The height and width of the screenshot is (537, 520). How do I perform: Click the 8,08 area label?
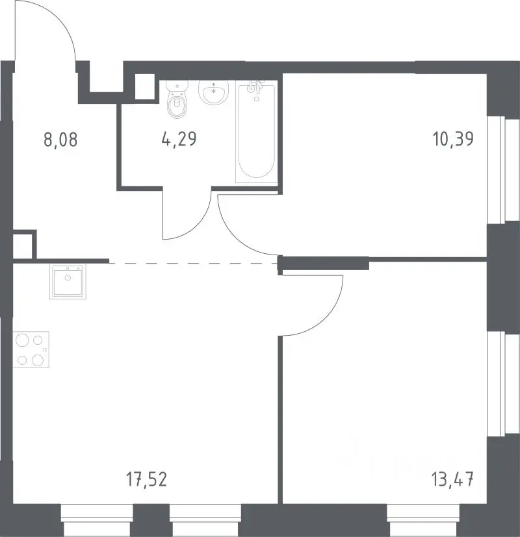tap(60, 140)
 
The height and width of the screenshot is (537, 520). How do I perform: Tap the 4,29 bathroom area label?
tap(179, 139)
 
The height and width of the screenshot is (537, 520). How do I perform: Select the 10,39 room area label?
tap(453, 139)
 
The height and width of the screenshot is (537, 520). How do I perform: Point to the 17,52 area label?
tap(147, 479)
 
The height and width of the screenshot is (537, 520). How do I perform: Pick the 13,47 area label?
tap(453, 479)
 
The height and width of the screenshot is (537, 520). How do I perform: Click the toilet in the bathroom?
tap(177, 99)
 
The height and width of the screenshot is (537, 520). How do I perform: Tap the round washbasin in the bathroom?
tap(214, 92)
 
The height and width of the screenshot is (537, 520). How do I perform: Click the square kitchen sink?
tap(68, 282)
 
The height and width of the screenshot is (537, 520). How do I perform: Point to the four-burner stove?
tap(31, 349)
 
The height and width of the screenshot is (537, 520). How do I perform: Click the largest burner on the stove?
tap(22, 340)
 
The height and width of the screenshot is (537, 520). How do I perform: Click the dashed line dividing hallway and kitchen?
tap(194, 263)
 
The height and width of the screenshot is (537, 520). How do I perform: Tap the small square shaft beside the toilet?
tap(145, 86)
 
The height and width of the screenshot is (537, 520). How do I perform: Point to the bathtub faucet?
tap(255, 86)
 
